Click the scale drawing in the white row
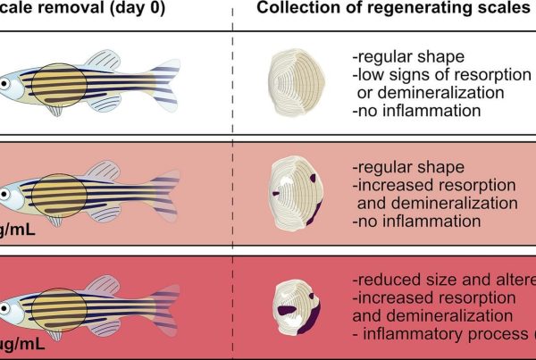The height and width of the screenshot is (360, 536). coord(299,82)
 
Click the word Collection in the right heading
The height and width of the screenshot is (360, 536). coord(296,9)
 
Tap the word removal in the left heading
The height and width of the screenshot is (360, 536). coord(71,9)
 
